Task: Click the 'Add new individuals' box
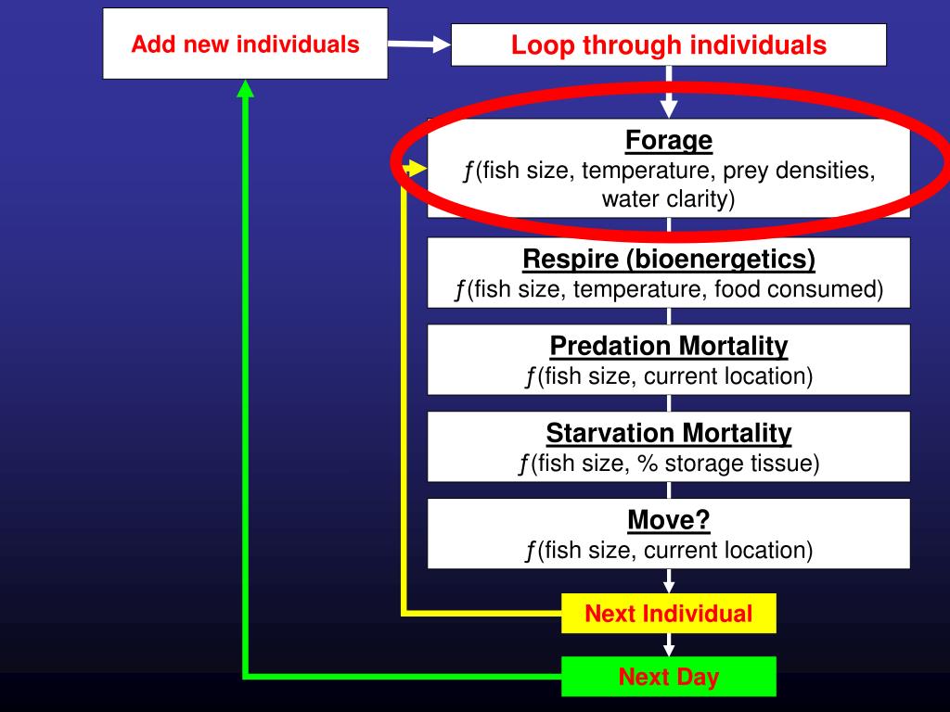point(245,44)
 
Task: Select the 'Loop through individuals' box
point(668,44)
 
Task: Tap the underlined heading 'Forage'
point(668,141)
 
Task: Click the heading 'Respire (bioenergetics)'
point(668,259)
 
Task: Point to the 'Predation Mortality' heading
point(668,346)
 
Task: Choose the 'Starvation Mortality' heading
point(668,433)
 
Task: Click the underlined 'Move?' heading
point(668,520)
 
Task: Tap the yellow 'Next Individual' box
point(668,614)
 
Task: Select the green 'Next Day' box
point(668,677)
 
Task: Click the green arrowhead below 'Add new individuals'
point(246,88)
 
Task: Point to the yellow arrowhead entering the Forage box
point(417,170)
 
